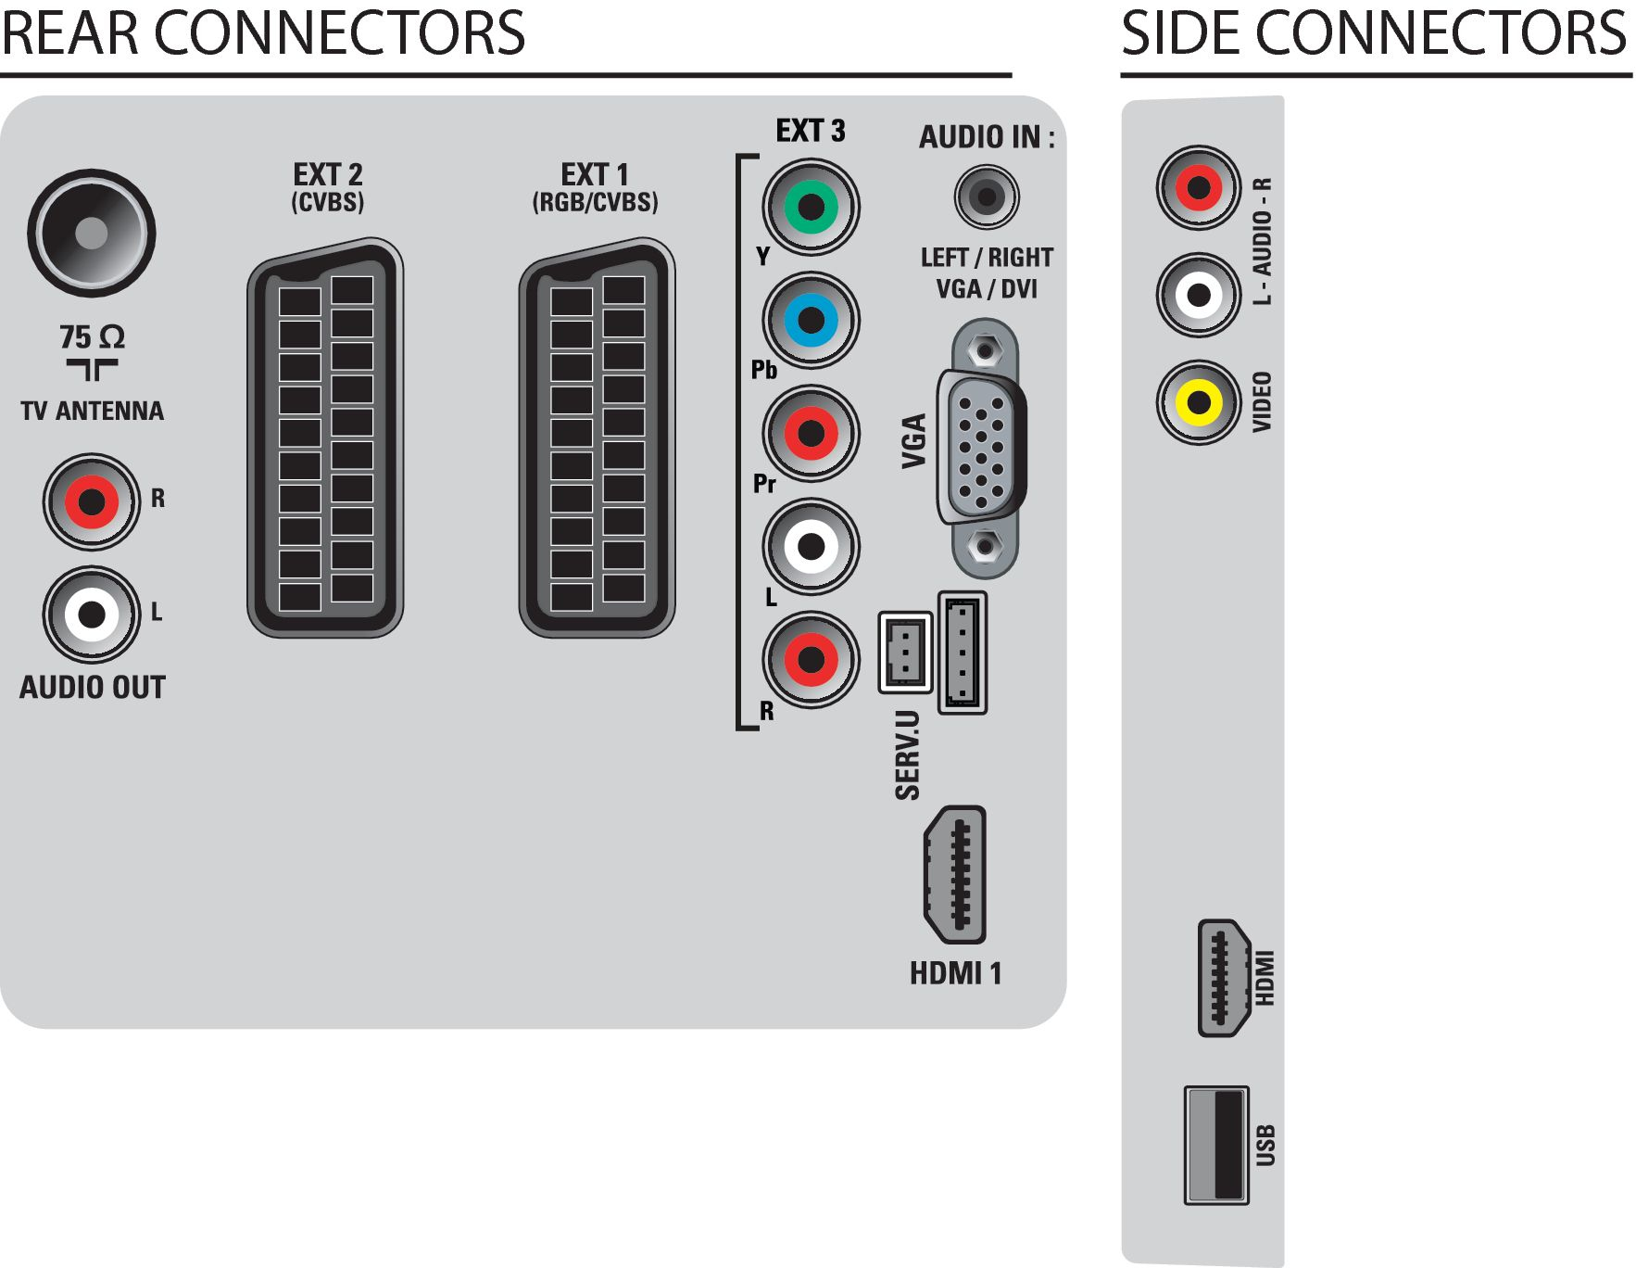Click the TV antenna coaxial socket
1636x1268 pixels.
coord(91,233)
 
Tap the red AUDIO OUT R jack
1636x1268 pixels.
coord(91,501)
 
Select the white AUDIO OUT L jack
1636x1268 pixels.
coord(91,614)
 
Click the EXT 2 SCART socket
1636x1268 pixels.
coord(325,437)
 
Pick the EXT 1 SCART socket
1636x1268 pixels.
coord(597,437)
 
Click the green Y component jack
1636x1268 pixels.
coord(811,207)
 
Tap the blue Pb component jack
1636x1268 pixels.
coord(811,320)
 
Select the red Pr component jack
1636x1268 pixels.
coord(811,433)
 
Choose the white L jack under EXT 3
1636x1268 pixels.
coord(811,546)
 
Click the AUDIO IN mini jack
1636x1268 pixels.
coord(987,197)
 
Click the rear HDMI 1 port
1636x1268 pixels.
coord(955,875)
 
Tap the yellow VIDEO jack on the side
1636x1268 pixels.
coord(1199,402)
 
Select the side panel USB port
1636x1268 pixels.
coord(1216,1146)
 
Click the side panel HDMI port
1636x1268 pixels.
coord(1225,978)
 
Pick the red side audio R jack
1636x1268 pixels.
coord(1199,188)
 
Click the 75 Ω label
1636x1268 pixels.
coord(92,336)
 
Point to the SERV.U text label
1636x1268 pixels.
coord(908,754)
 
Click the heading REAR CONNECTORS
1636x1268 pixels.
coord(263,32)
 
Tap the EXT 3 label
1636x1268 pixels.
coord(811,131)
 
